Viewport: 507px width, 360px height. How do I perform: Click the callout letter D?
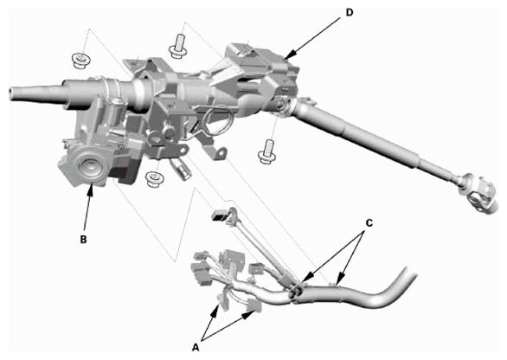(350, 12)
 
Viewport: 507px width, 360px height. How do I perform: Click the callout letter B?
(83, 240)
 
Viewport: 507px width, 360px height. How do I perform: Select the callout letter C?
(369, 223)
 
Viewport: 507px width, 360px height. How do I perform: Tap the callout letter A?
(196, 348)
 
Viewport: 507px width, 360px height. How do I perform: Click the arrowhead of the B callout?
(91, 189)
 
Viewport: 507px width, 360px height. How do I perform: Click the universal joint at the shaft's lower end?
(477, 192)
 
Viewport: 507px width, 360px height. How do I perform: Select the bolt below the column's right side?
(267, 151)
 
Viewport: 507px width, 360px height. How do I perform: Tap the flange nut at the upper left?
(80, 61)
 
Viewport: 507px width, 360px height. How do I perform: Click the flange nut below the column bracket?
(155, 178)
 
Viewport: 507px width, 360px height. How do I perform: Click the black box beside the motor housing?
(125, 173)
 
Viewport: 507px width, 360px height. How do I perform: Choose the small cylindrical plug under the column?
(182, 168)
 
